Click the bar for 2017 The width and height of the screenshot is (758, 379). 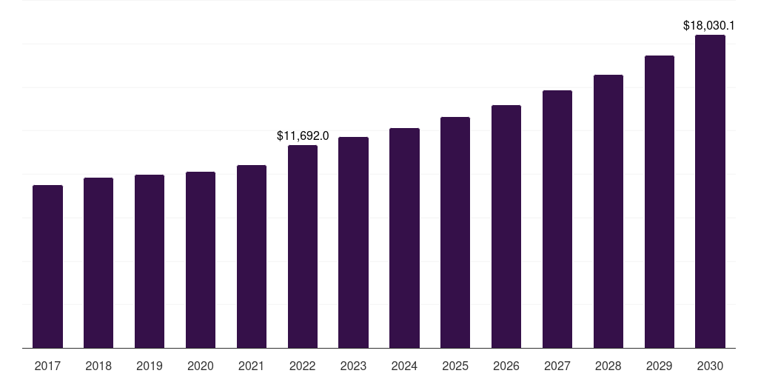pyautogui.click(x=47, y=266)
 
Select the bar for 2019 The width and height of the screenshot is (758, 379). pyautogui.click(x=150, y=261)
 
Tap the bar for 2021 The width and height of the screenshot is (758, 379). pyautogui.click(x=252, y=257)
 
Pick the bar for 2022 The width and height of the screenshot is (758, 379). pyautogui.click(x=303, y=246)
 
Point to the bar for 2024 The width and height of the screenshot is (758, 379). pyautogui.click(x=405, y=238)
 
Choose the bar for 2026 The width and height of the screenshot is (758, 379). pyautogui.click(x=506, y=227)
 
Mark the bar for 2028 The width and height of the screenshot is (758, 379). pyautogui.click(x=608, y=211)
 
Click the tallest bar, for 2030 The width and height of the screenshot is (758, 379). pyautogui.click(x=710, y=192)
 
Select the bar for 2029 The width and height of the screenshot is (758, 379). pyautogui.click(x=660, y=201)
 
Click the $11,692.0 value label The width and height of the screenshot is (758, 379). pyautogui.click(x=303, y=136)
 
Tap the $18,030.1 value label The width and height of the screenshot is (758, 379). pyautogui.click(x=708, y=26)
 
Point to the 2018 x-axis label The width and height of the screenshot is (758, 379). pyautogui.click(x=98, y=366)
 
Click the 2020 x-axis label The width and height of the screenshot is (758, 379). pyautogui.click(x=201, y=366)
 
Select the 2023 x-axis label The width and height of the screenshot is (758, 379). pyautogui.click(x=353, y=366)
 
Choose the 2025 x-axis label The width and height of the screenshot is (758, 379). pyautogui.click(x=455, y=366)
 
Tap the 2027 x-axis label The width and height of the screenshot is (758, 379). pyautogui.click(x=557, y=366)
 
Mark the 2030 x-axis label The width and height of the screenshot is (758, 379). pyautogui.click(x=710, y=366)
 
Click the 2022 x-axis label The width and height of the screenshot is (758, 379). pyautogui.click(x=303, y=366)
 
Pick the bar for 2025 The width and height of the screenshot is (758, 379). pyautogui.click(x=455, y=232)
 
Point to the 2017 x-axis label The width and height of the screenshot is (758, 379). pyautogui.click(x=47, y=366)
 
